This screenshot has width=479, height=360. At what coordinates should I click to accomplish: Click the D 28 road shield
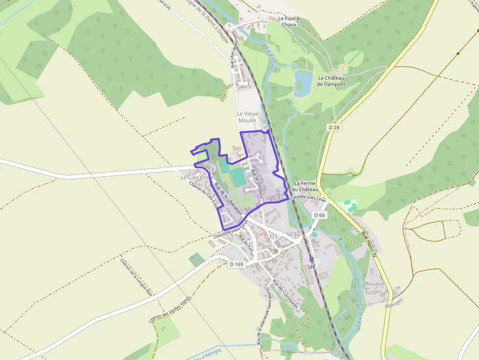pos(334,127)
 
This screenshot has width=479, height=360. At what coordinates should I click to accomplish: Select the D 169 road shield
pos(236,264)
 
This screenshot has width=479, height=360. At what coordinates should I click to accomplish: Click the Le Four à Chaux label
pos(288,21)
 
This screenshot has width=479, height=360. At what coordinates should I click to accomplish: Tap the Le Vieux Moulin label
pos(247,117)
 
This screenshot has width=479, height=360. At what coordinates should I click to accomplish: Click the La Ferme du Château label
pos(305,186)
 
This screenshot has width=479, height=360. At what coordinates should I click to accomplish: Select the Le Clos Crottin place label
pos(198,177)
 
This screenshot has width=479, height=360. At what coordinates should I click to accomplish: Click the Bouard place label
pos(374,283)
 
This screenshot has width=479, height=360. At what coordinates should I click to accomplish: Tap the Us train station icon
pos(311,260)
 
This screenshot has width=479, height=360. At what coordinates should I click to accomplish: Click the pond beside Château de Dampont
pos(303,83)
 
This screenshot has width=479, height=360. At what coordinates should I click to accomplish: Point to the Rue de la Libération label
pos(228,199)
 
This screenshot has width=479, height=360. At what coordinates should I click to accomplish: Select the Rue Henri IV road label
pos(370,244)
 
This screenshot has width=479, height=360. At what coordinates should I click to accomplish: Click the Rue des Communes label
pos(285,293)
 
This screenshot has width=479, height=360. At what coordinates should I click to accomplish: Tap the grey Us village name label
pos(274,236)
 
